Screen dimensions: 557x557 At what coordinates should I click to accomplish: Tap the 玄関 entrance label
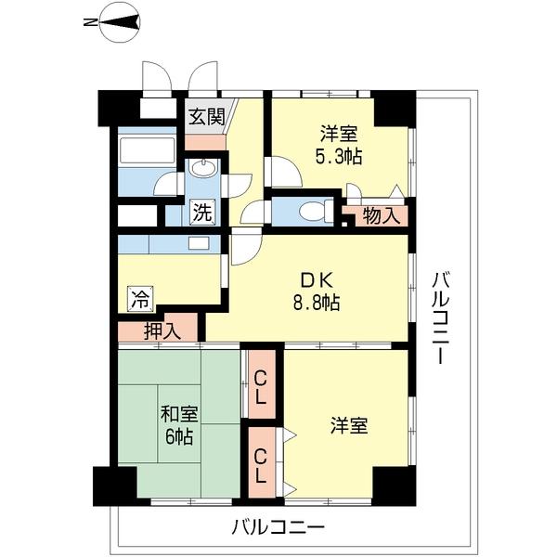click(206, 117)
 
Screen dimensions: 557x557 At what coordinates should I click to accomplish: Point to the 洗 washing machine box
click(202, 212)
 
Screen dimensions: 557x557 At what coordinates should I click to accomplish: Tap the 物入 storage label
click(382, 217)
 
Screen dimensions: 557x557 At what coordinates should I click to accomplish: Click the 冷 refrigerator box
click(139, 300)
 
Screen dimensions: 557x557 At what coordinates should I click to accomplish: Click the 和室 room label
click(178, 415)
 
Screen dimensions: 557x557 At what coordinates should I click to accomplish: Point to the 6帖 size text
click(178, 436)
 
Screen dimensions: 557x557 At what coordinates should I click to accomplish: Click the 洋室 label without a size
click(349, 426)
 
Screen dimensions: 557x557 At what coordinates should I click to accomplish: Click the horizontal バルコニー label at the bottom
click(278, 529)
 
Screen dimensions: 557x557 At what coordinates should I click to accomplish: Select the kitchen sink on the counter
click(198, 244)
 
